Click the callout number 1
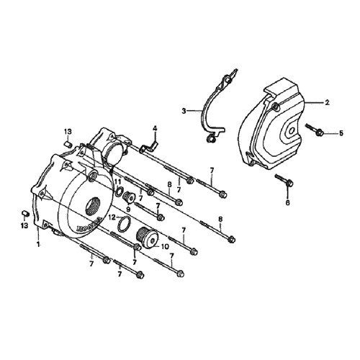(x=37, y=244)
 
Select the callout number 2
(x=327, y=102)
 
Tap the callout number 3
(x=184, y=111)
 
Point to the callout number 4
(x=155, y=129)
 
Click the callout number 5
(x=341, y=133)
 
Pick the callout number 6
(x=287, y=202)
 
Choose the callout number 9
(x=128, y=209)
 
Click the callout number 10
(x=166, y=246)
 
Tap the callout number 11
(x=117, y=182)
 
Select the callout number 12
(x=112, y=217)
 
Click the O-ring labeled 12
(x=124, y=225)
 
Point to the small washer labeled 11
(x=118, y=192)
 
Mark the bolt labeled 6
(x=284, y=180)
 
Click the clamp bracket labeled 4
(x=149, y=146)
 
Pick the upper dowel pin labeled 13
(x=68, y=145)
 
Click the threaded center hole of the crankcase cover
(x=94, y=206)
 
